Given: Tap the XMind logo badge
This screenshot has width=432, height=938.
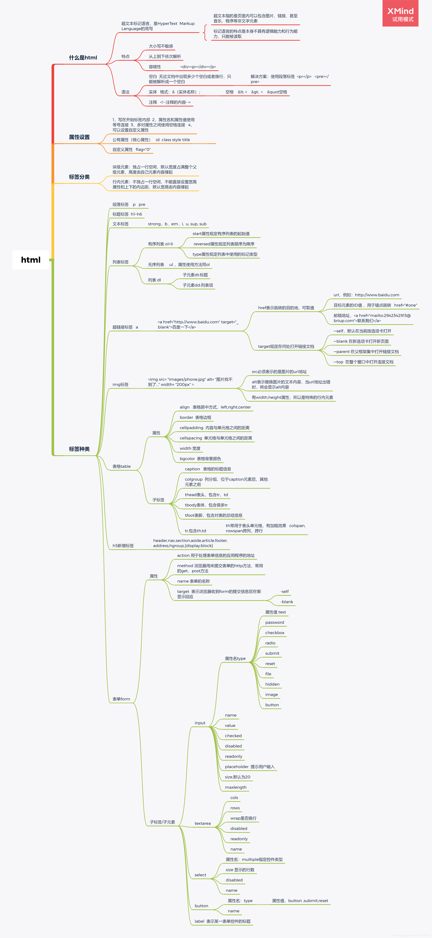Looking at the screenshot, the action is (400, 13).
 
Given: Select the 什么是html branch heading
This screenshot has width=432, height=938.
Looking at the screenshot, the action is (83, 58).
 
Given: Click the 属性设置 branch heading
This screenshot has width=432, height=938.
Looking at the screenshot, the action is (79, 137).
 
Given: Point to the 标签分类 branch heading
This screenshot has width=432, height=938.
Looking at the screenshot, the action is (79, 177).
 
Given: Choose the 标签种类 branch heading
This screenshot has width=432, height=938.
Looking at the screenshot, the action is (79, 449).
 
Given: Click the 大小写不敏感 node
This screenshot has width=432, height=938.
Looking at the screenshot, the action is (161, 46).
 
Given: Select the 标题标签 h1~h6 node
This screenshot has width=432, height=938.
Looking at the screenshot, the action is (127, 214).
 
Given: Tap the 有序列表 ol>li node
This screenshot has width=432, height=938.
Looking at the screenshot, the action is (160, 244).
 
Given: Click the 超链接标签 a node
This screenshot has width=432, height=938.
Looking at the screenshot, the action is (125, 327).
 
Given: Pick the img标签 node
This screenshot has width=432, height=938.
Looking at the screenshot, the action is (120, 384).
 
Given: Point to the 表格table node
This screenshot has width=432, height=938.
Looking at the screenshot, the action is (121, 466).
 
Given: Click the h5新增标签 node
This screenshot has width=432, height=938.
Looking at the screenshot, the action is (123, 546).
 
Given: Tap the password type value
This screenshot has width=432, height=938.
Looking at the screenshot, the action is (275, 622).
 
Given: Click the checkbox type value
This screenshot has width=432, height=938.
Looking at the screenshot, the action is (275, 633).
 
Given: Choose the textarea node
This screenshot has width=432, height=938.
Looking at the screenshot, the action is (202, 823).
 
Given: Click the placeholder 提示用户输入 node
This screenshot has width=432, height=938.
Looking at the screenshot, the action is (249, 767).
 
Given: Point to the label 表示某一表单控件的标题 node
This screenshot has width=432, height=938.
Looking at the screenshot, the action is (222, 921).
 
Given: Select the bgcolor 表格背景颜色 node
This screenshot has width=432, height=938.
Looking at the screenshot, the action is (200, 459).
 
